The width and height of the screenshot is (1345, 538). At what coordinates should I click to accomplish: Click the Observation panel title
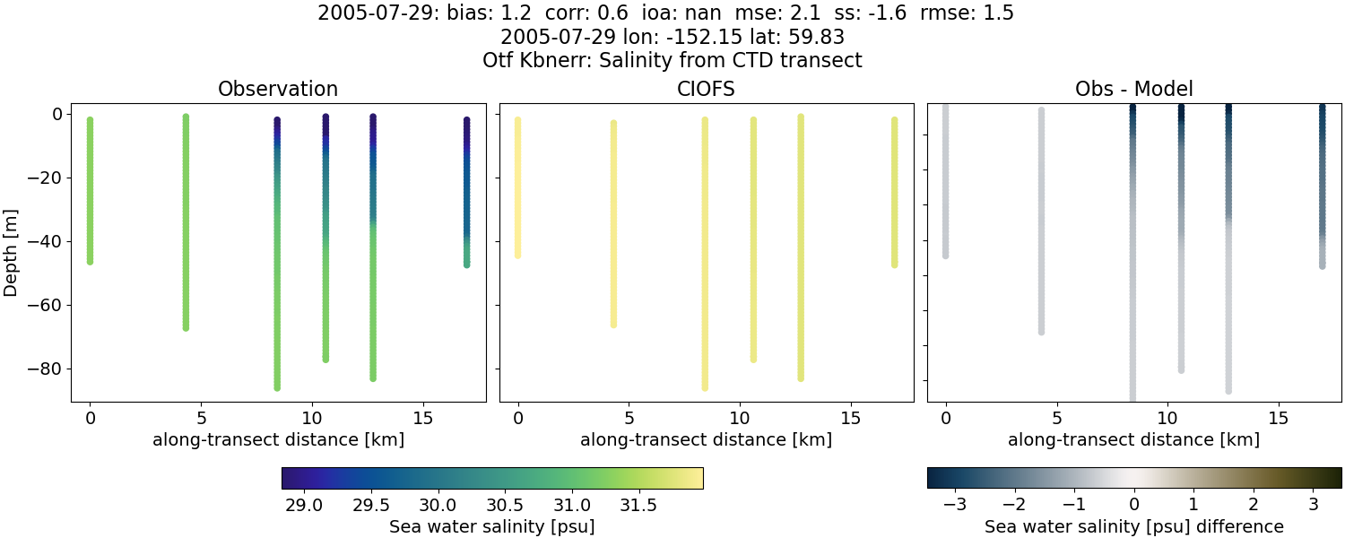tap(278, 89)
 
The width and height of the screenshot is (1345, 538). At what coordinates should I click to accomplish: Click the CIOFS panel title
tap(706, 89)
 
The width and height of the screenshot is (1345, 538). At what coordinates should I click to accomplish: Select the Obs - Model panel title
tap(1133, 89)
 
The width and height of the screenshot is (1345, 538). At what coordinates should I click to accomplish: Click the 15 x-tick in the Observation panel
tap(422, 419)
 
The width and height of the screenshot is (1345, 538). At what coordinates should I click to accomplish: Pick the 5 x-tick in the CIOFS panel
tap(629, 419)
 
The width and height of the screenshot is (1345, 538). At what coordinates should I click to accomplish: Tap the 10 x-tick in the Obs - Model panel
tap(1167, 419)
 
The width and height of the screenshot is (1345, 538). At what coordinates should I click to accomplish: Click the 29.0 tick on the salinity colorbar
tap(305, 505)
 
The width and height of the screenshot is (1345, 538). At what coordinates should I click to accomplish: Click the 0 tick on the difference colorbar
tap(1134, 505)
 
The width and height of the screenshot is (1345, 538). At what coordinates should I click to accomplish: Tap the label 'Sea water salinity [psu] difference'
tap(1134, 526)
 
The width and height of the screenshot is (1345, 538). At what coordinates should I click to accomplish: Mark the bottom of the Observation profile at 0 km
tap(90, 261)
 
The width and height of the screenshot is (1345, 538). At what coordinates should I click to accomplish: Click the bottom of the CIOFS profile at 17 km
tap(894, 265)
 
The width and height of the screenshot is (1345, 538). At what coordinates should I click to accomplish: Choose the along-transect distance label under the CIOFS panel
tap(706, 440)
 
